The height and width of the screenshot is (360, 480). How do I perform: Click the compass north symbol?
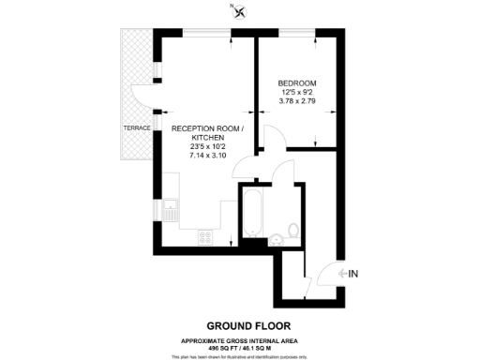click(x=242, y=12)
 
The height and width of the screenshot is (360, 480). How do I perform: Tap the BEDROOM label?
click(x=299, y=82)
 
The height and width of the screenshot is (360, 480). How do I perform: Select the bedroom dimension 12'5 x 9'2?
click(x=299, y=91)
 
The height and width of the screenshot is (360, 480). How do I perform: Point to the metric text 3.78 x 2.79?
click(x=299, y=100)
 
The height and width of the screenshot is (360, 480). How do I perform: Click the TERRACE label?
click(x=137, y=128)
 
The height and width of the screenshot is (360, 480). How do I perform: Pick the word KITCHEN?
click(x=208, y=137)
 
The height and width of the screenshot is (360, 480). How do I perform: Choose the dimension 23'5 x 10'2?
click(x=208, y=146)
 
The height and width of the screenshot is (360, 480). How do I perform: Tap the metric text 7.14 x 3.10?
click(x=208, y=156)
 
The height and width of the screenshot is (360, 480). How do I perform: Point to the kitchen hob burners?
click(x=204, y=237)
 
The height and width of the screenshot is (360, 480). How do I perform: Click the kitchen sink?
click(x=172, y=210)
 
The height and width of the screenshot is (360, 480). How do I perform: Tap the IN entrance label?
click(x=353, y=274)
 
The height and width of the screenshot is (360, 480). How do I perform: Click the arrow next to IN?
click(x=339, y=274)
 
